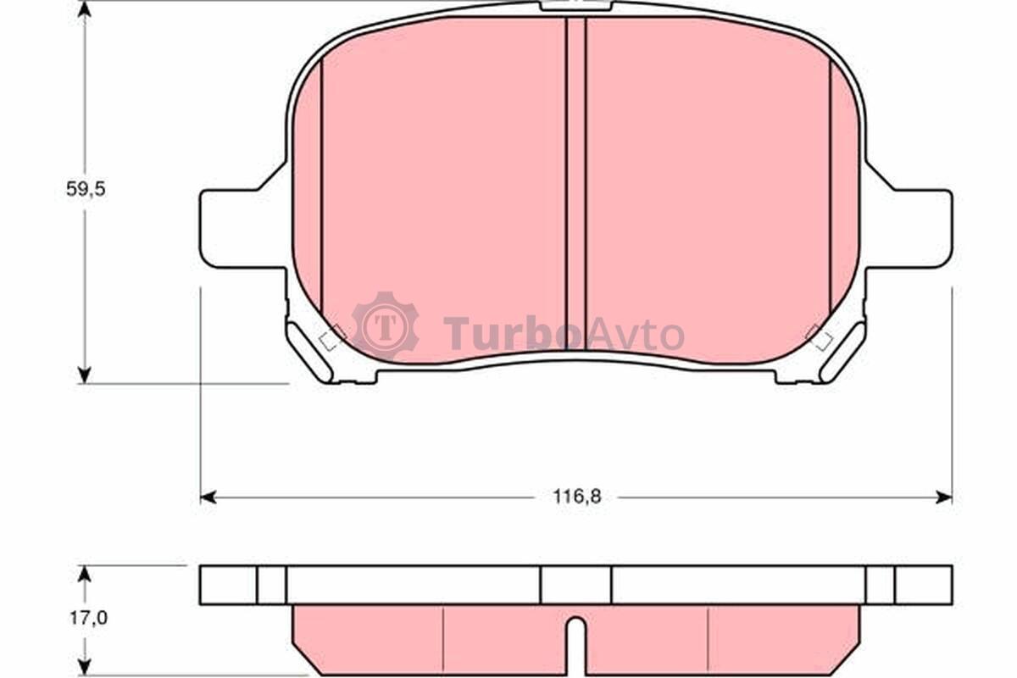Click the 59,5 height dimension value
tap(86, 189)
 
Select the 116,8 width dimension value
tap(576, 497)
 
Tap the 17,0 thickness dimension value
tap(88, 618)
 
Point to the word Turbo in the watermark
tap(513, 334)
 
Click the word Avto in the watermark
tap(634, 335)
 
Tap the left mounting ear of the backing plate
tap(244, 229)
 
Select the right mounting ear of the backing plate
tap(909, 229)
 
